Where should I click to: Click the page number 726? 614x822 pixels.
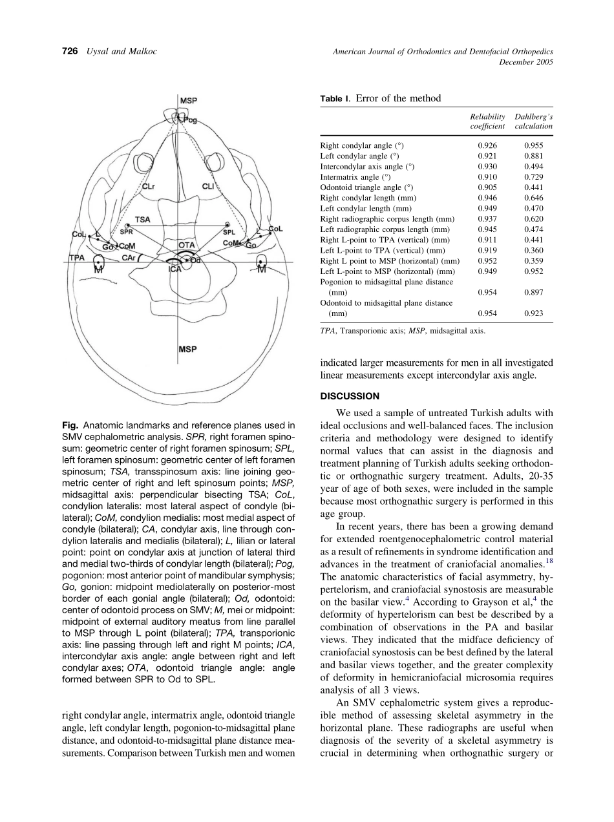coord(70,52)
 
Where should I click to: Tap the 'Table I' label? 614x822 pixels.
coord(334,99)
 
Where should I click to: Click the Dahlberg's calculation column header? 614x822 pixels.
coord(533,121)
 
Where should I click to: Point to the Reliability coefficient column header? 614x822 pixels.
coord(487,121)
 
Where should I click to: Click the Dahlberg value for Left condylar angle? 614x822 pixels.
coord(533,156)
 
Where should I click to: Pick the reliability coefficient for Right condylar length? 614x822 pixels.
coord(487,198)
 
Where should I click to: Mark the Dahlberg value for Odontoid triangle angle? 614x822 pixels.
coord(533,187)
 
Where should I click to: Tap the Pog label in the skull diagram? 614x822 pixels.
coord(191,120)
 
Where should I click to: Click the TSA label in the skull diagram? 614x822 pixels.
coord(143,220)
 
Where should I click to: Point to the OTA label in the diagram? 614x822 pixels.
coord(187,246)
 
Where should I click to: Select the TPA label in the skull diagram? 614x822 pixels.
coord(78,258)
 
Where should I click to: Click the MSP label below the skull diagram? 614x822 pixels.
coord(187,349)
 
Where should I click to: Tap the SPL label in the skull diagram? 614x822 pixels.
coord(229,232)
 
